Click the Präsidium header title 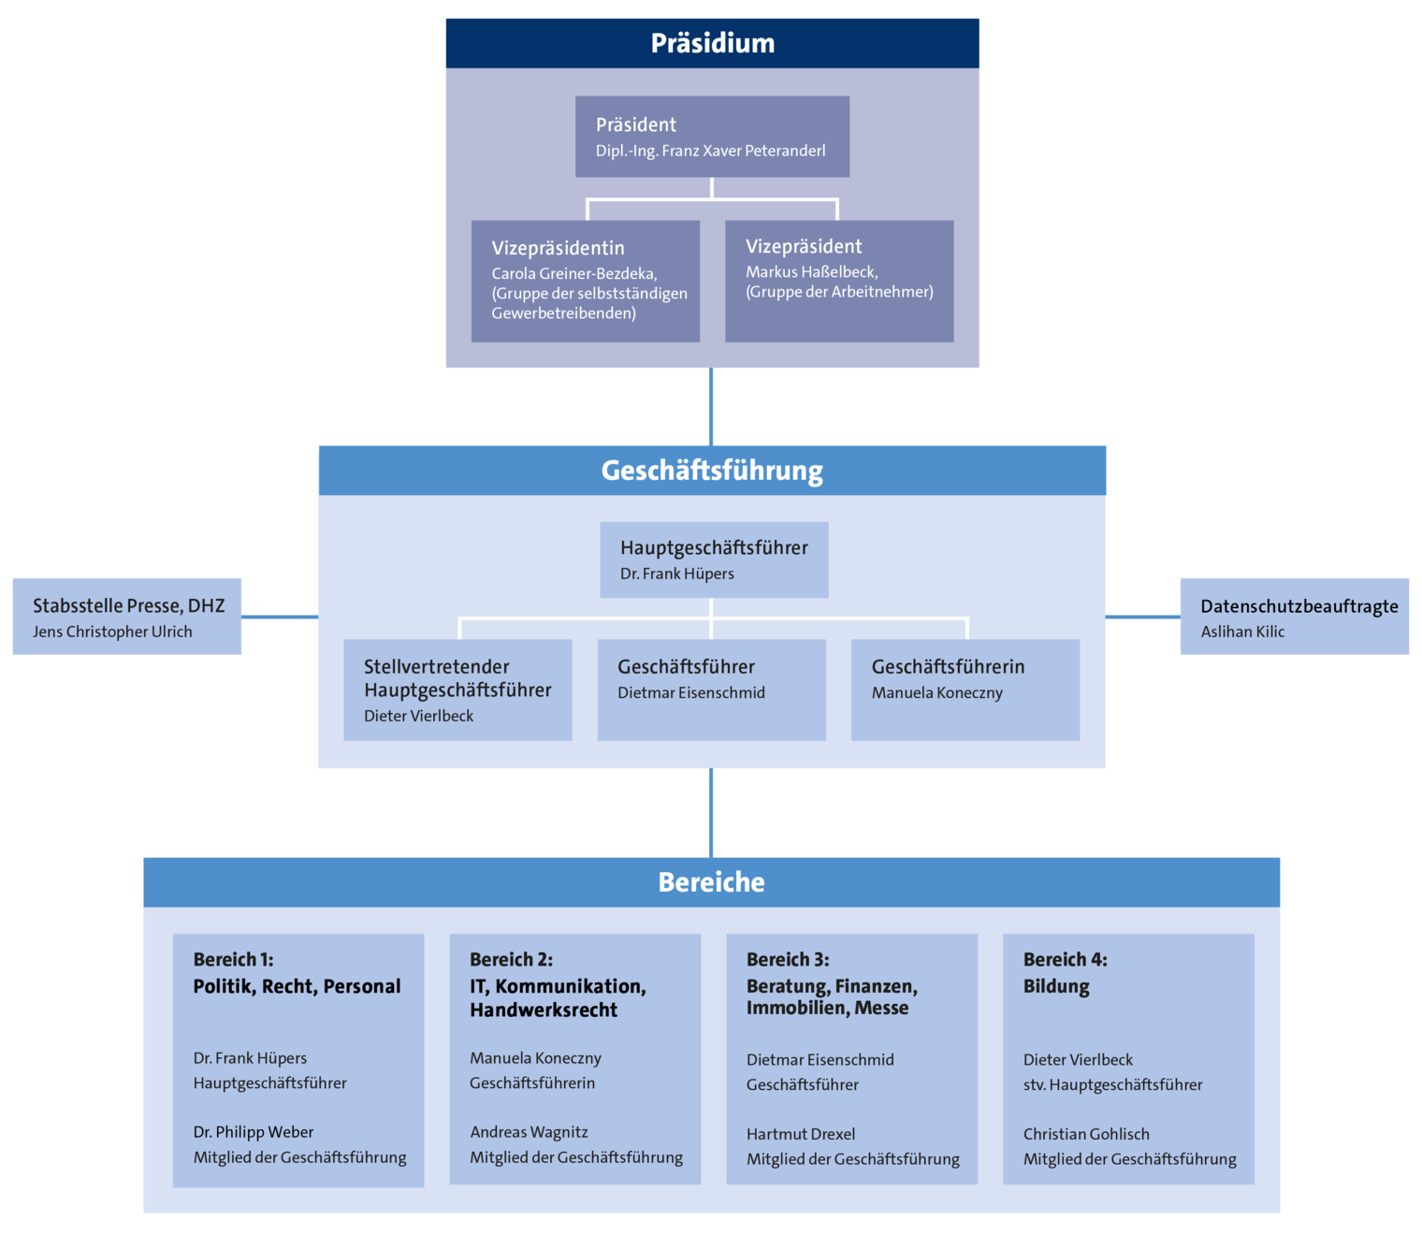712,43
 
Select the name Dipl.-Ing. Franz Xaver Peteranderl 710,151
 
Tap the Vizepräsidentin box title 558,248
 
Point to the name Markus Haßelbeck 811,272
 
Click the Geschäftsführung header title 712,471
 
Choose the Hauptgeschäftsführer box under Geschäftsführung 714,559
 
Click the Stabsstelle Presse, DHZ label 128,605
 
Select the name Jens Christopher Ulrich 112,632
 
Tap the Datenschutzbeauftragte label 1299,606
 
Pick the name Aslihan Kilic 1242,632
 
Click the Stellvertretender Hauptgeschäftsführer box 457,690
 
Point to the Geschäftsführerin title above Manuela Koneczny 948,667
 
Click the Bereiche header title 711,882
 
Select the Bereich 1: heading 233,959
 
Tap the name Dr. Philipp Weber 253,1132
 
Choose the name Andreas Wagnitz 529,1132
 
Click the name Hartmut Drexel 800,1134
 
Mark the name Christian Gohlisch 1085,1134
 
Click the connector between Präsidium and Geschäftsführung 711,407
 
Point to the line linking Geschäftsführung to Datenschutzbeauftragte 1142,617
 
